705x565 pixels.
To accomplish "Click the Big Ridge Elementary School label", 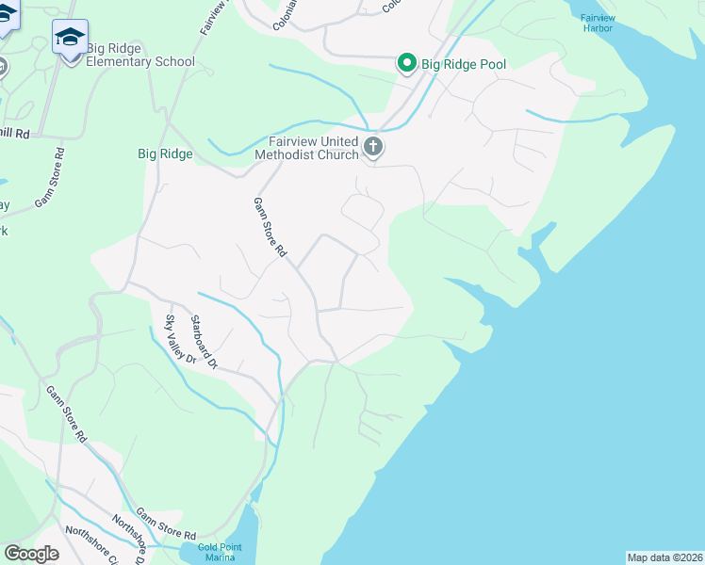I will [x=140, y=55].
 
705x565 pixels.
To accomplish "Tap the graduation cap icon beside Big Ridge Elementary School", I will [x=70, y=38].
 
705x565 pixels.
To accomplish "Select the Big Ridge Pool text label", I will [x=464, y=64].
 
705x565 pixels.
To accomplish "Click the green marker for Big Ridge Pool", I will [x=407, y=63].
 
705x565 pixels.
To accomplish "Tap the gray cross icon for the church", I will [x=373, y=146].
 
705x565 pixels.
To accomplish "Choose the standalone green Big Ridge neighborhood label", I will [x=165, y=153].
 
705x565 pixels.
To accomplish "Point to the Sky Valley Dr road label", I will [x=179, y=340].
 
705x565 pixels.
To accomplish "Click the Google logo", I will [x=31, y=554].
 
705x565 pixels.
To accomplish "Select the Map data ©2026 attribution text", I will [x=664, y=557].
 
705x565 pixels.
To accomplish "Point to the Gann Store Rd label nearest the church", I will [x=269, y=227].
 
